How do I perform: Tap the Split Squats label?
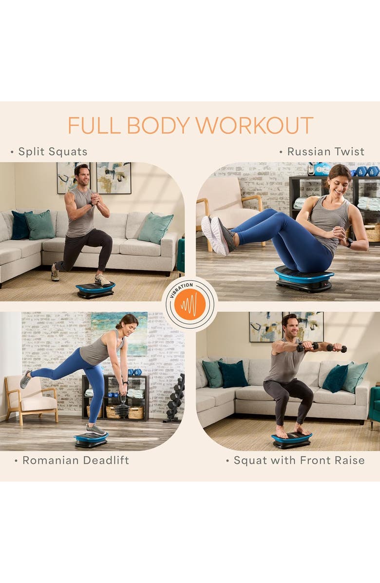coord(53,152)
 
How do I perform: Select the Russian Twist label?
coord(326,152)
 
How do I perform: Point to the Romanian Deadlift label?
coord(76,460)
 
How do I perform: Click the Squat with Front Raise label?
coord(299,460)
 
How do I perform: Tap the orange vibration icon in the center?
coord(190,304)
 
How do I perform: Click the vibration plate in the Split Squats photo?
coord(95,290)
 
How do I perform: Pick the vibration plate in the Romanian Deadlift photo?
coord(91,440)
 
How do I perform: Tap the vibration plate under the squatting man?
coord(292,441)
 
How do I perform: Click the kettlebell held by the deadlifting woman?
coord(122,408)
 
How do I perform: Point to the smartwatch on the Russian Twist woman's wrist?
coord(349,242)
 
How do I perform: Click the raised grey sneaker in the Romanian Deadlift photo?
coord(25,380)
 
